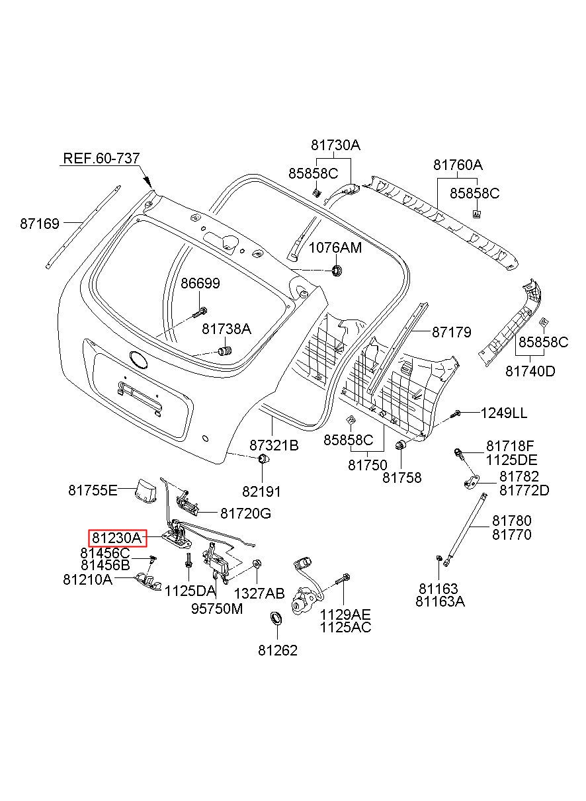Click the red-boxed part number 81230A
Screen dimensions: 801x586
[x=116, y=538]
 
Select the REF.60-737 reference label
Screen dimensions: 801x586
[x=101, y=158]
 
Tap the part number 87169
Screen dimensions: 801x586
[x=40, y=224]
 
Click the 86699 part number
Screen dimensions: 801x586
[x=200, y=284]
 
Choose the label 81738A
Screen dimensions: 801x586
[x=227, y=329]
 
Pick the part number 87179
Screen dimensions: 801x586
[x=452, y=332]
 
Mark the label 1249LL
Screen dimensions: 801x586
[x=504, y=413]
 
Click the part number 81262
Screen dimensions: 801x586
[x=278, y=651]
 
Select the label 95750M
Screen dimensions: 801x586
[x=217, y=609]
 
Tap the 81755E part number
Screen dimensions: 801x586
[x=93, y=490]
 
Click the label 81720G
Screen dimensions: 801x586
[x=245, y=513]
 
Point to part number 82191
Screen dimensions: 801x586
[x=261, y=492]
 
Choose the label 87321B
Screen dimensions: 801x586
[x=274, y=445]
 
